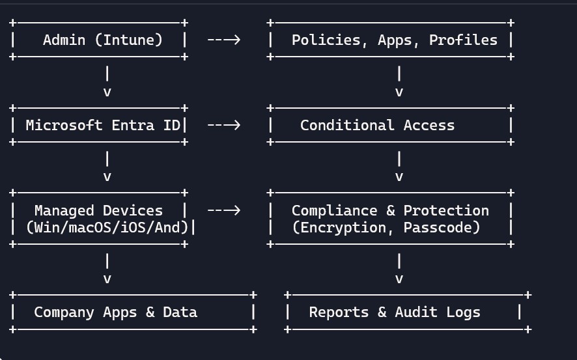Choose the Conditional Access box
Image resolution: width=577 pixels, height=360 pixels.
(x=391, y=125)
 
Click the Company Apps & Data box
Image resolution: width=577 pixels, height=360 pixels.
(x=133, y=312)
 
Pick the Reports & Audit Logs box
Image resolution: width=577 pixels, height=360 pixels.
(x=404, y=312)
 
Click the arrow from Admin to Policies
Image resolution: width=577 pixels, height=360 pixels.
(x=224, y=40)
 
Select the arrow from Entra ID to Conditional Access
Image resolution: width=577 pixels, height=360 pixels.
(x=224, y=125)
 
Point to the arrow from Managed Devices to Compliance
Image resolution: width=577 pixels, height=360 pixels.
(x=224, y=210)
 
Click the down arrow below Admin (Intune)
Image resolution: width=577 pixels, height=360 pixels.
(x=107, y=82)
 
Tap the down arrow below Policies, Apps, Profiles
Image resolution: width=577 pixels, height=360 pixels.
(x=399, y=82)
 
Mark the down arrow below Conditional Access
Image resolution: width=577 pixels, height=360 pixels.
(x=399, y=167)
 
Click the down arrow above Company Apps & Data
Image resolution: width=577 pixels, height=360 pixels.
(x=107, y=270)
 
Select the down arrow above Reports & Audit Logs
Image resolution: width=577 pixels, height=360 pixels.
(x=399, y=270)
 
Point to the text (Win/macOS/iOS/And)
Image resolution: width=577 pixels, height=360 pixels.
(x=107, y=227)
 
